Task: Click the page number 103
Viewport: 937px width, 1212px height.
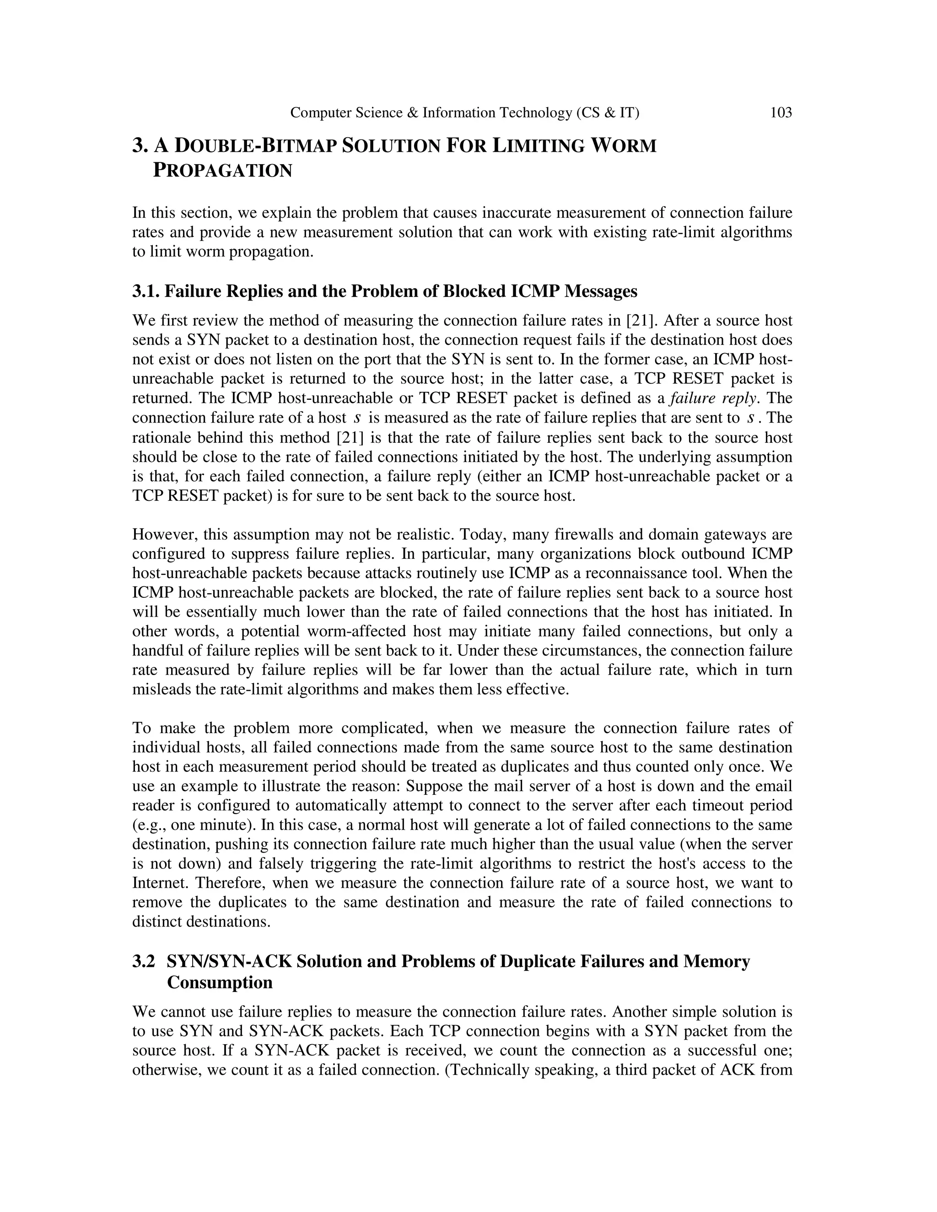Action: pos(781,113)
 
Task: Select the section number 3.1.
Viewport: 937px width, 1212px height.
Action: pos(145,291)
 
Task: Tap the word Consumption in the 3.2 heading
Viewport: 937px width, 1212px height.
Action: pos(220,982)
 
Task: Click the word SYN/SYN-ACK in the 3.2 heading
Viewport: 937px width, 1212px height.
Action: pos(229,961)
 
